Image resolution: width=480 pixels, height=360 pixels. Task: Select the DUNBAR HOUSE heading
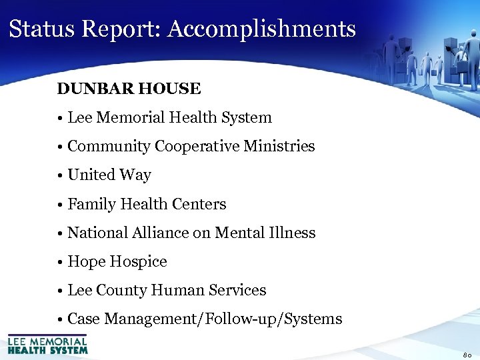click(129, 89)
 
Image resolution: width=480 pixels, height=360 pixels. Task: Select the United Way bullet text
click(109, 175)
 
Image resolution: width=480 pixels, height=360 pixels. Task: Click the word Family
click(90, 205)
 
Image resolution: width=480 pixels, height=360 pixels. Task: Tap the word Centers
click(199, 205)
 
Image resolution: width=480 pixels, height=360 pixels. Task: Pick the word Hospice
click(141, 262)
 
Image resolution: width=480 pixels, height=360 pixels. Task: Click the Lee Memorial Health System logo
click(47, 344)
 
